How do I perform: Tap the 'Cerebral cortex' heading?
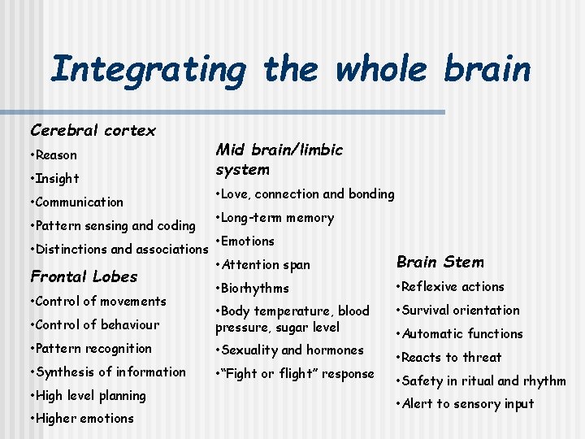click(x=93, y=130)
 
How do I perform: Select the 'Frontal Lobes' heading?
click(x=84, y=276)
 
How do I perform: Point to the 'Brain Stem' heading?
click(x=440, y=262)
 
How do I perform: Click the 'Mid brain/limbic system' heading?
click(x=279, y=159)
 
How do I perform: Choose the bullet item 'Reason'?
click(x=55, y=155)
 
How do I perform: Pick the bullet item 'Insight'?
click(x=56, y=179)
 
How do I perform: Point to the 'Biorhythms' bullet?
click(x=252, y=289)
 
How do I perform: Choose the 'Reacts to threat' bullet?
click(x=448, y=358)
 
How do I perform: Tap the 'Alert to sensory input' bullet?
click(x=465, y=405)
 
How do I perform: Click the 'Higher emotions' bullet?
click(x=82, y=419)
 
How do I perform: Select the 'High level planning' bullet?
click(x=88, y=396)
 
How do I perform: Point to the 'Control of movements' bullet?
click(x=97, y=302)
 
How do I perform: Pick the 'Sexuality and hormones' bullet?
click(x=289, y=350)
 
